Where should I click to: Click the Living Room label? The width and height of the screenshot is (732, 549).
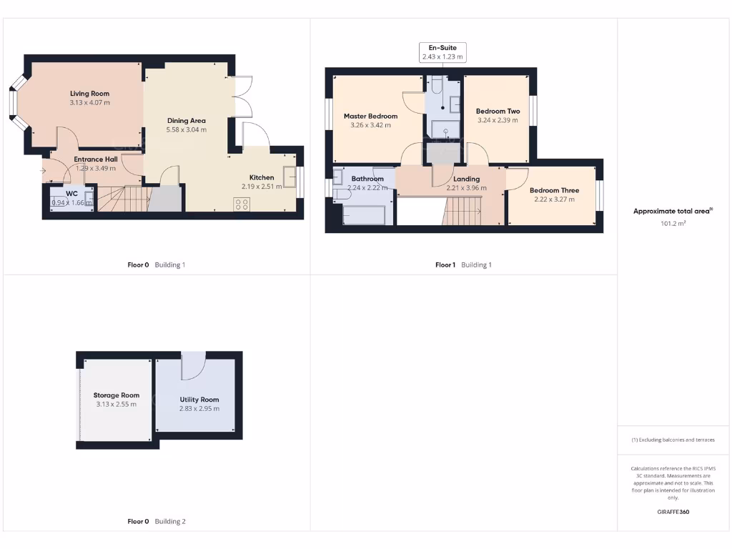pyautogui.click(x=89, y=94)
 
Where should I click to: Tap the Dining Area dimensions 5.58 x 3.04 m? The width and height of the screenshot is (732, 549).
pyautogui.click(x=186, y=130)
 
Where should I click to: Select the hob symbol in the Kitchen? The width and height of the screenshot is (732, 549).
pyautogui.click(x=242, y=203)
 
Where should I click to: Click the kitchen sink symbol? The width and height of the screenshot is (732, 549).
pyautogui.click(x=290, y=176)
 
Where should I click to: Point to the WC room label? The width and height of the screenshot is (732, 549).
pyautogui.click(x=71, y=194)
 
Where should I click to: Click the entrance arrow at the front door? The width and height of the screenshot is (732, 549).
pyautogui.click(x=44, y=172)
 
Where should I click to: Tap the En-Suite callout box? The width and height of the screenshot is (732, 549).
pyautogui.click(x=442, y=52)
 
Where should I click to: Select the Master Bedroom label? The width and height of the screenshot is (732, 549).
pyautogui.click(x=370, y=116)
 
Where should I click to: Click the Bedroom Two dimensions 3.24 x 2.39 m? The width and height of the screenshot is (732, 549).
pyautogui.click(x=498, y=121)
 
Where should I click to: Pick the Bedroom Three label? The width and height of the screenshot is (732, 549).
pyautogui.click(x=554, y=190)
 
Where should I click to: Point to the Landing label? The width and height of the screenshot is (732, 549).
pyautogui.click(x=466, y=179)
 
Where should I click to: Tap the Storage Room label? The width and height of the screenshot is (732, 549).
pyautogui.click(x=116, y=395)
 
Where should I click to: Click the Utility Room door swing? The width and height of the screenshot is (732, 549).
pyautogui.click(x=193, y=367)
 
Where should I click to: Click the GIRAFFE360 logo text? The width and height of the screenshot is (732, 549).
pyautogui.click(x=673, y=512)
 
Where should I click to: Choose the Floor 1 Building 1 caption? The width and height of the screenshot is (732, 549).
pyautogui.click(x=463, y=264)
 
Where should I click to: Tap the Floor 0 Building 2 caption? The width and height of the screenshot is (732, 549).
pyautogui.click(x=156, y=521)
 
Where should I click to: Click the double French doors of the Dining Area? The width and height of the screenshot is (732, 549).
pyautogui.click(x=243, y=97)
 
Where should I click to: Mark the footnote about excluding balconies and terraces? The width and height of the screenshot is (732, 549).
pyautogui.click(x=673, y=440)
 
